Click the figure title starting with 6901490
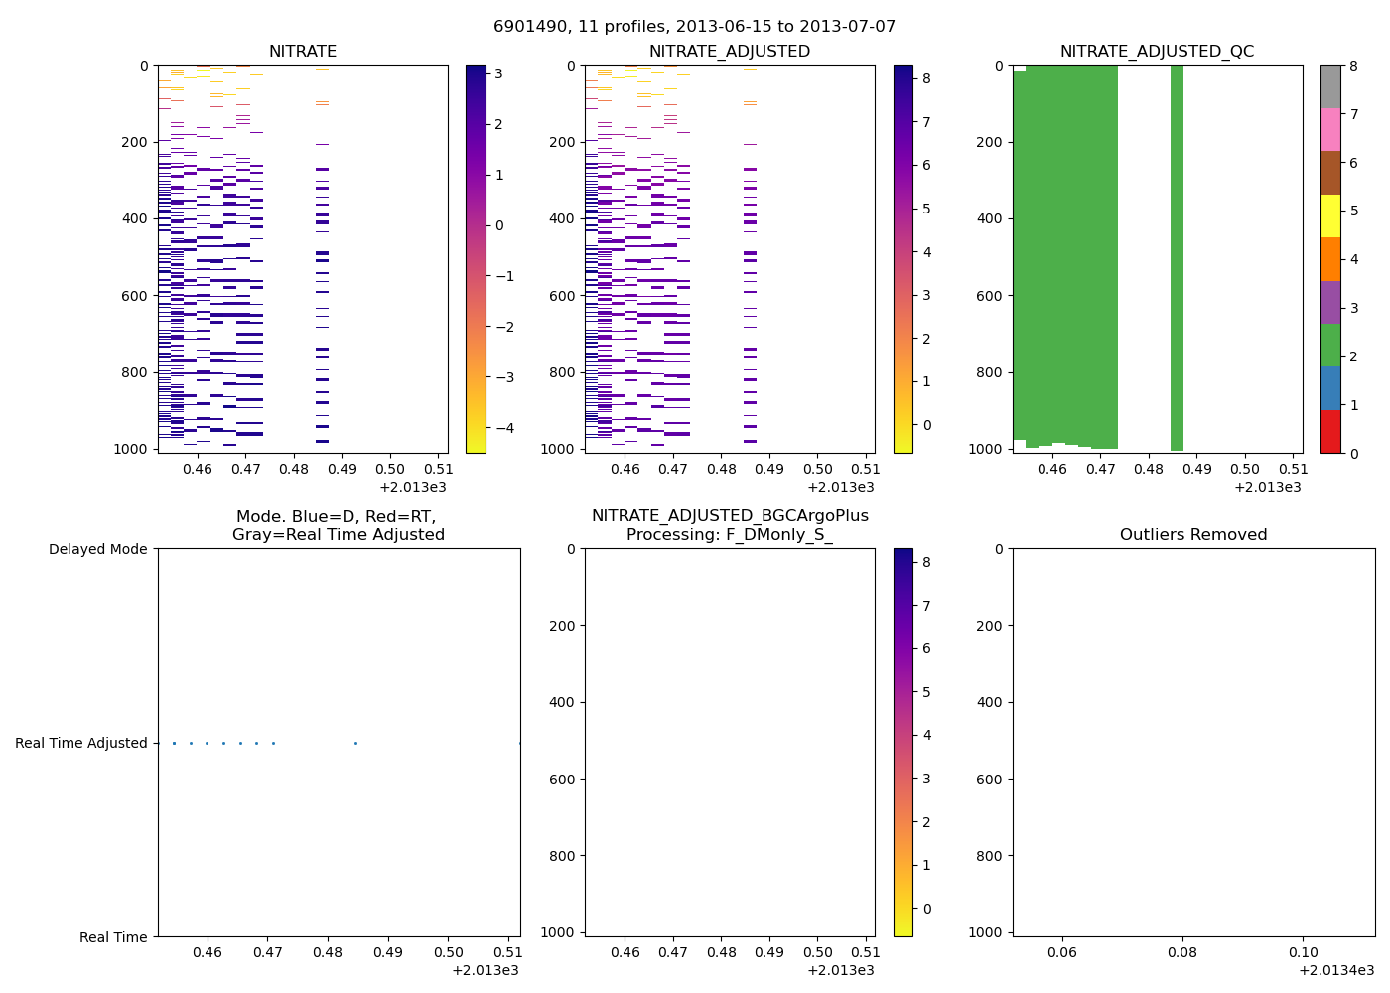(x=694, y=27)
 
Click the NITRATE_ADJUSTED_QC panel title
(x=1157, y=52)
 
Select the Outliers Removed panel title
(x=1193, y=535)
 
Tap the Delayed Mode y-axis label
(x=97, y=549)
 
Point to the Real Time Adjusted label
(x=81, y=743)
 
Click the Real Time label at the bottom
(x=113, y=937)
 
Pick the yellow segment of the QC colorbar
(x=1330, y=216)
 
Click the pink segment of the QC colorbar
(x=1330, y=130)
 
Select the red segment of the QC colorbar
(x=1330, y=432)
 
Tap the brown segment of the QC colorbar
(x=1330, y=173)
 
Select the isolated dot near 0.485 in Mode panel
(x=355, y=743)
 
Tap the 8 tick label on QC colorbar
(x=1352, y=66)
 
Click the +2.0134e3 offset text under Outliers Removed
(x=1336, y=970)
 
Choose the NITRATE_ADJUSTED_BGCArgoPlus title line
(x=730, y=516)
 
